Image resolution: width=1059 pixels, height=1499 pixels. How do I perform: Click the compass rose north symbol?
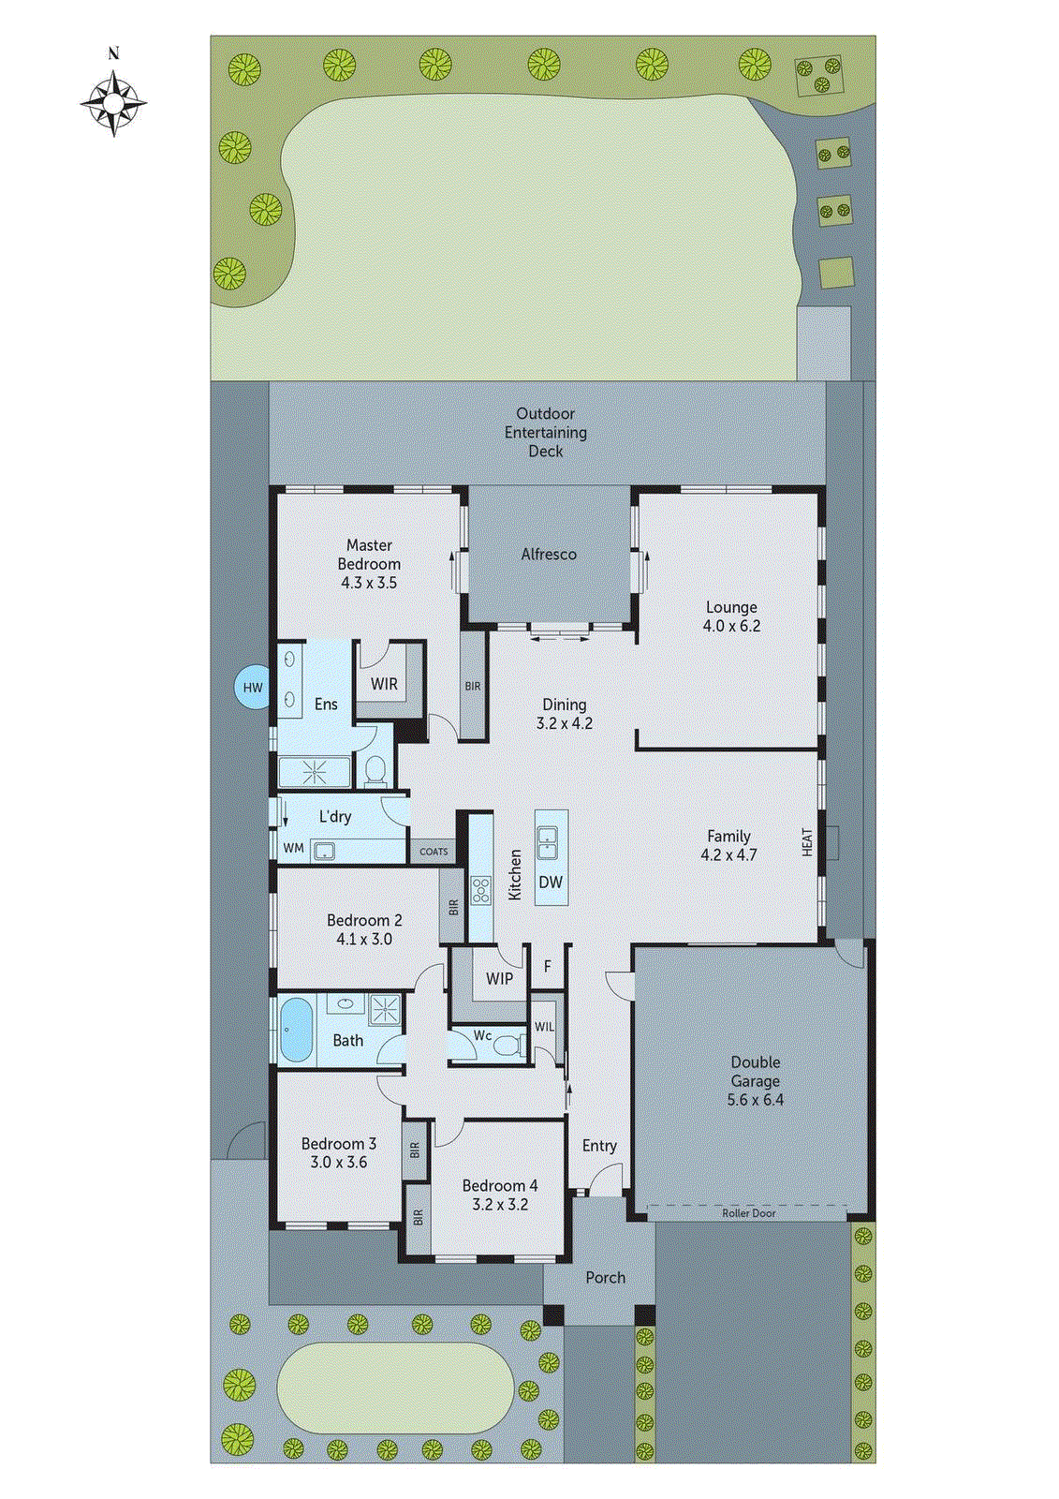113,102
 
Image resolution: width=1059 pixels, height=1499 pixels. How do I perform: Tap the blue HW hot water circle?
253,688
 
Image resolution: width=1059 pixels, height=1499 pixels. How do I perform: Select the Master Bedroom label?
369,555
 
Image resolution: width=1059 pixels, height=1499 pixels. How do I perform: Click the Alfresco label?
549,555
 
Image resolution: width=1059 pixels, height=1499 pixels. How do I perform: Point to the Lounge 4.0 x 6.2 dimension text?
731,626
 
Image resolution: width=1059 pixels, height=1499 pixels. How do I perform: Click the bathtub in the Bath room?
296,1030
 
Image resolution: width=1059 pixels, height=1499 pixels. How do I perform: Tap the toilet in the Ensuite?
375,770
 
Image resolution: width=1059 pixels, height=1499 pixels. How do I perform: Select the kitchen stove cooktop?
481,890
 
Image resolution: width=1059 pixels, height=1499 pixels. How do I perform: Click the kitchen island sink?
549,842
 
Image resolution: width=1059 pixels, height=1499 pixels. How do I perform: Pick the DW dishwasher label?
551,883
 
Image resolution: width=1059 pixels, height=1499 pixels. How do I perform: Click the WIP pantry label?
499,979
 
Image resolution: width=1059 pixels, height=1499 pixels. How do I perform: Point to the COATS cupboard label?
434,852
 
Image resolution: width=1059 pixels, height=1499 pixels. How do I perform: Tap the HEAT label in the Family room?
807,842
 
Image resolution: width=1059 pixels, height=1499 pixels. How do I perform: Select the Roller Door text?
748,1213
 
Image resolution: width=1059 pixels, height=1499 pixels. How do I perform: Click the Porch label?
605,1278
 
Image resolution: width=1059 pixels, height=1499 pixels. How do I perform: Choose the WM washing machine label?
293,848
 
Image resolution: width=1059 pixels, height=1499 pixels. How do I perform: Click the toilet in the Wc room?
508,1045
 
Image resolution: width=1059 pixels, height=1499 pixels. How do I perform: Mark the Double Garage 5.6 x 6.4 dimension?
755,1100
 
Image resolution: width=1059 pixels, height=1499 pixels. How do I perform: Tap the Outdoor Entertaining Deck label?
546,432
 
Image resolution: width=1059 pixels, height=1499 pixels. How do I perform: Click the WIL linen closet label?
544,1027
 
